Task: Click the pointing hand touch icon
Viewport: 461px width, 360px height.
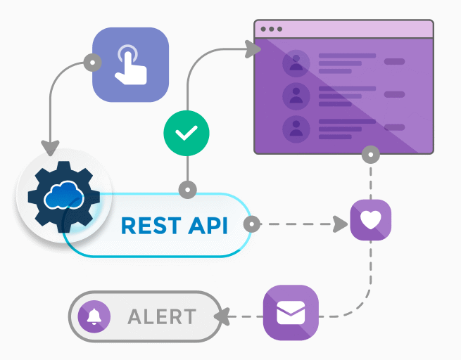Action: tap(131, 64)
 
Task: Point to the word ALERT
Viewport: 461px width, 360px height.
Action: tap(162, 317)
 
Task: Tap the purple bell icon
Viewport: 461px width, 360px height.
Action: tap(94, 317)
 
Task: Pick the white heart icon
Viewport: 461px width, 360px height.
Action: tap(370, 221)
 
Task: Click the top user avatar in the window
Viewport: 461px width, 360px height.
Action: tap(296, 64)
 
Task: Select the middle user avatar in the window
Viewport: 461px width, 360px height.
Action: tap(296, 96)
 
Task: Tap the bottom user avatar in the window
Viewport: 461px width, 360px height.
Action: tap(296, 128)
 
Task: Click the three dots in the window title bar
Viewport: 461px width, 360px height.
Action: tap(271, 30)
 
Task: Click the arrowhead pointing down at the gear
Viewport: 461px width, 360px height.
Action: tap(49, 148)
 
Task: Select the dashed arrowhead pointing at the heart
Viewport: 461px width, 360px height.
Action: tap(341, 225)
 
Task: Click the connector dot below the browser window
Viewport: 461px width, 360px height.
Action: tap(370, 153)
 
